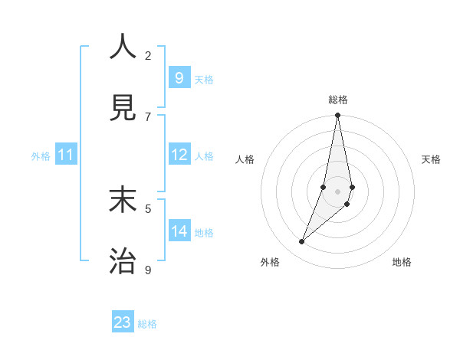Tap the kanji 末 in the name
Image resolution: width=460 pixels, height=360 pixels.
pyautogui.click(x=123, y=200)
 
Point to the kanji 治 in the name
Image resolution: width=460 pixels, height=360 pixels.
pyautogui.click(x=123, y=261)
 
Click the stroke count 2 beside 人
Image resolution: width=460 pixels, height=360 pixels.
pyautogui.click(x=148, y=55)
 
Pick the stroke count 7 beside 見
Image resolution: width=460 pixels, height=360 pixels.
pyautogui.click(x=148, y=116)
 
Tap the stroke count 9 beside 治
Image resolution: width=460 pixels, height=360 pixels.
pyautogui.click(x=148, y=270)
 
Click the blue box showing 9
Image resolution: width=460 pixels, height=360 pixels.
pyautogui.click(x=179, y=78)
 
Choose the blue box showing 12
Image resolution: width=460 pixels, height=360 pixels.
pyautogui.click(x=179, y=155)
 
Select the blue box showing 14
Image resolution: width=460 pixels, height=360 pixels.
pyautogui.click(x=179, y=231)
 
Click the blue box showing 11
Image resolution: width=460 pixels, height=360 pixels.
pyautogui.click(x=66, y=155)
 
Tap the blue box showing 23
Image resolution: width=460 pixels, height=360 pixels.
pyautogui.click(x=123, y=322)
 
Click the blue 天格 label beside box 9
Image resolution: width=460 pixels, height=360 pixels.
pyautogui.click(x=204, y=80)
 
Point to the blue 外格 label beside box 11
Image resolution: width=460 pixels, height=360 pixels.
pyautogui.click(x=41, y=156)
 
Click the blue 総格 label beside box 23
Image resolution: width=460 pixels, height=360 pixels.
pyautogui.click(x=148, y=324)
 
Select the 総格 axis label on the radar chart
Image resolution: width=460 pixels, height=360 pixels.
pyautogui.click(x=338, y=100)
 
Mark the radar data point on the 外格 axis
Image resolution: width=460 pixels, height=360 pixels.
pyautogui.click(x=302, y=242)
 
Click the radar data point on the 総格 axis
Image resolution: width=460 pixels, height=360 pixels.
pyautogui.click(x=338, y=116)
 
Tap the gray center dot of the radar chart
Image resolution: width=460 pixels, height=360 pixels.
pyautogui.click(x=338, y=191)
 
